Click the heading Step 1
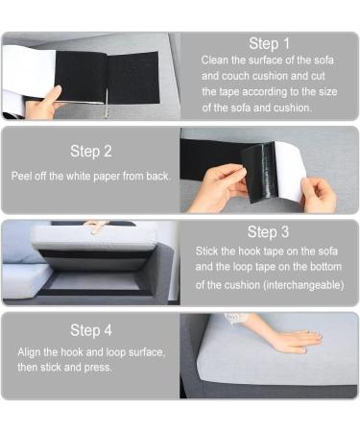[269, 43]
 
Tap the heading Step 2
[90, 151]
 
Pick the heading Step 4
[90, 329]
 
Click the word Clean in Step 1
[215, 60]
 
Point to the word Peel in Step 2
[22, 177]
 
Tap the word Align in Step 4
[30, 352]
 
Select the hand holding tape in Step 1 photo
[43, 103]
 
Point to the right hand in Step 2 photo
[317, 195]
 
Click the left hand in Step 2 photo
[216, 186]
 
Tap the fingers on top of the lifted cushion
[96, 226]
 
